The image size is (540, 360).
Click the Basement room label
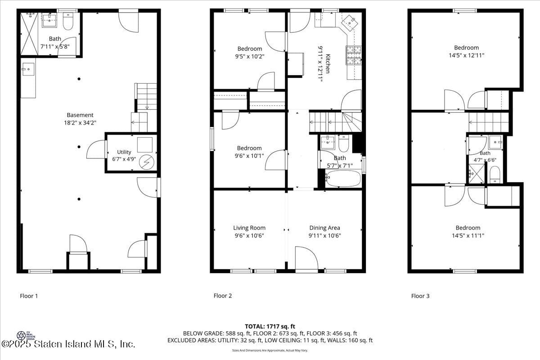point(80,115)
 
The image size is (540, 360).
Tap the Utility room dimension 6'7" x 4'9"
point(124,159)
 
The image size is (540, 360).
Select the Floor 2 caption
point(223,296)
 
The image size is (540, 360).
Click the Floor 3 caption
point(420,296)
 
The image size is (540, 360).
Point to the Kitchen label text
point(328,63)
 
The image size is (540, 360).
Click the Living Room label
point(249,228)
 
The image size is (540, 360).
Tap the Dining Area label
point(324,228)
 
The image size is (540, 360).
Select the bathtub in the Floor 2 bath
point(343,179)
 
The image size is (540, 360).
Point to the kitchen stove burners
point(353,55)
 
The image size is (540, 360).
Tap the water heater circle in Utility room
point(147,162)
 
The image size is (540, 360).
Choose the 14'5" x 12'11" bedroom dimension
point(466,55)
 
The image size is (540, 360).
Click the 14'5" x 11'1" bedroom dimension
point(468,235)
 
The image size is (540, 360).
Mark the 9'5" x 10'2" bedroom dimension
point(250,57)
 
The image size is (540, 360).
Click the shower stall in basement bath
point(29,34)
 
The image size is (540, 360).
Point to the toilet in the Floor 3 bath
point(495,174)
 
